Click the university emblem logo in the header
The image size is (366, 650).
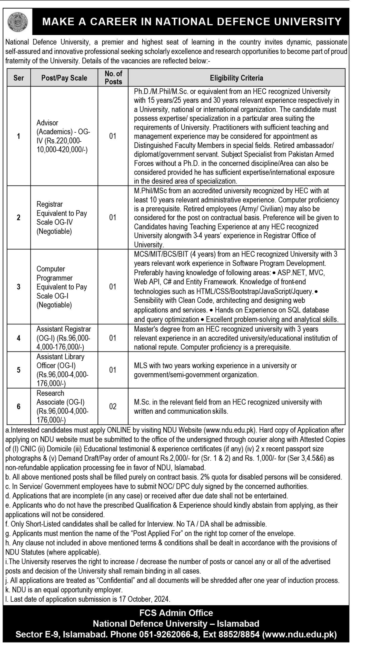pos(18,22)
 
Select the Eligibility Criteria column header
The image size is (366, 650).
pos(236,78)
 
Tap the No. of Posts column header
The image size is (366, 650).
pos(113,77)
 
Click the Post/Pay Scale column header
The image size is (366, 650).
pos(64,78)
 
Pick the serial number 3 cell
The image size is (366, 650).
pos(19,287)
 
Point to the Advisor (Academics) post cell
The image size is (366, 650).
pos(63,136)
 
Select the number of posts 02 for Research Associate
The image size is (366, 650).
pos(113,406)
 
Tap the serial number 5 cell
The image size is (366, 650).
pos(19,370)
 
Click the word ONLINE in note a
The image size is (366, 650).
pos(119,430)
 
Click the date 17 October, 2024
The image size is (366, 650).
pos(144,599)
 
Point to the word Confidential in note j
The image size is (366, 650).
pos(116,580)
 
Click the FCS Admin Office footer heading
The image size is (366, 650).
pos(176,613)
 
